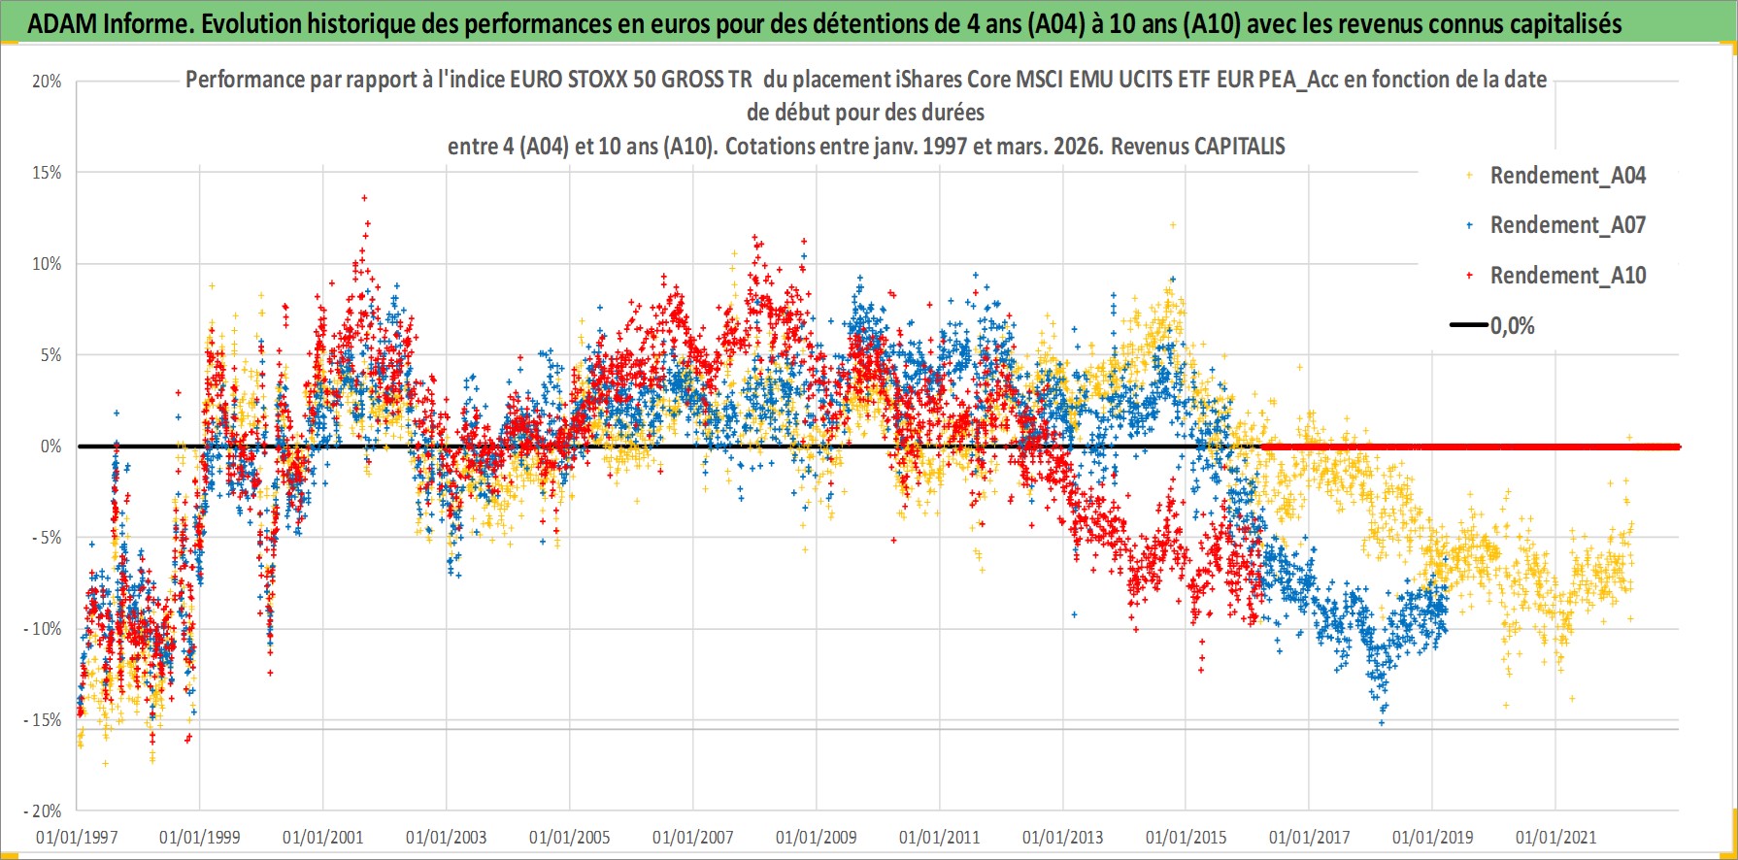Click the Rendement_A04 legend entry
1567,176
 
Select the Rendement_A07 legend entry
1567,225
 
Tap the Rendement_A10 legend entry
1567,276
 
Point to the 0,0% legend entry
1512,326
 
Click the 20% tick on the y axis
47,82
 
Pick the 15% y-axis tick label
47,173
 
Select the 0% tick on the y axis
50,447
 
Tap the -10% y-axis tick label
43,629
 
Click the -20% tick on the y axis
43,811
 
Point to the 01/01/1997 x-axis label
77,837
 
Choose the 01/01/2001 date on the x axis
323,837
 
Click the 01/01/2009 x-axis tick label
817,837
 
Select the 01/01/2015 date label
1187,837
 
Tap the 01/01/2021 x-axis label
1556,837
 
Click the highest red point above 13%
364,198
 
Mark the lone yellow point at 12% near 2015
1173,225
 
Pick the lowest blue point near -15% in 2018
1382,723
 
